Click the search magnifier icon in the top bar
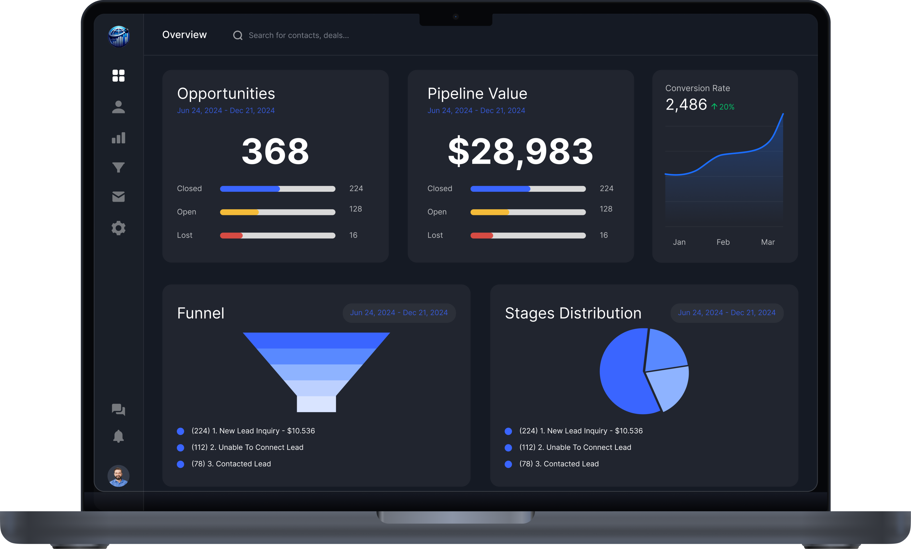(x=238, y=36)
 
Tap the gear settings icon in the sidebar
(x=118, y=228)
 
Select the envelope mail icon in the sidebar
(x=118, y=196)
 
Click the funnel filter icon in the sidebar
(x=118, y=167)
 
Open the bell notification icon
(x=118, y=436)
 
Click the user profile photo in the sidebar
(x=118, y=476)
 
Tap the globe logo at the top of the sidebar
(x=118, y=36)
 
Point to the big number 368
(x=275, y=151)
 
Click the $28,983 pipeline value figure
(x=521, y=151)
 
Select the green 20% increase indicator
(x=723, y=107)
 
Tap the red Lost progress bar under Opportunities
(x=232, y=235)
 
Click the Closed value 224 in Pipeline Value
(x=606, y=188)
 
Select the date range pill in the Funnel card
(x=399, y=313)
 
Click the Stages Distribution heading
(x=573, y=313)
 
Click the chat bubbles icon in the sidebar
(x=118, y=409)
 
